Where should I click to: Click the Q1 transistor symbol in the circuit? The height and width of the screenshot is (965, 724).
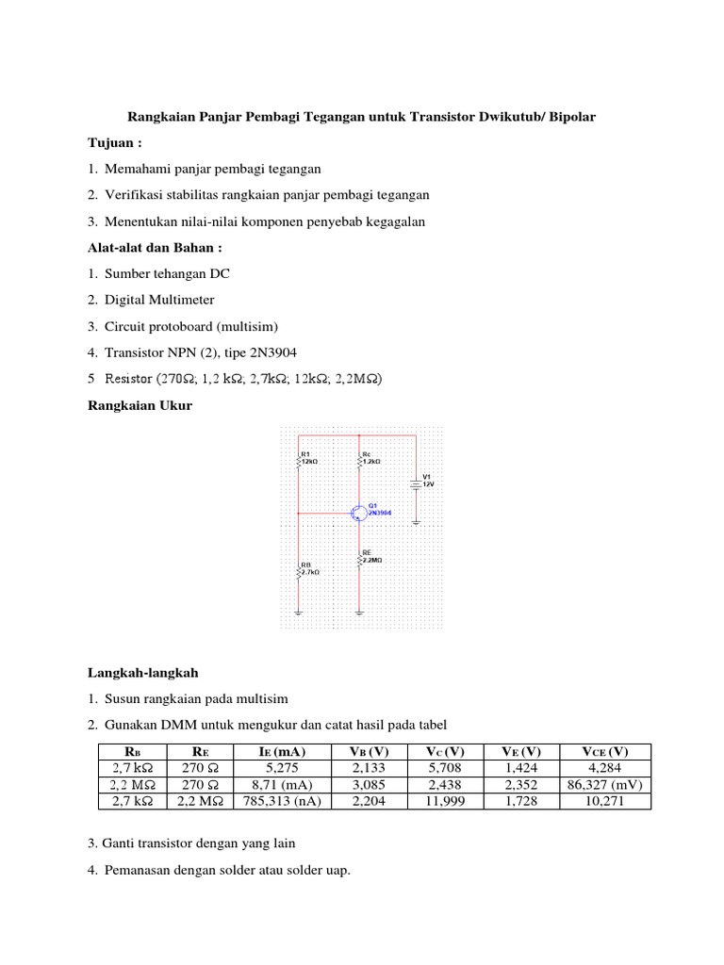click(x=359, y=514)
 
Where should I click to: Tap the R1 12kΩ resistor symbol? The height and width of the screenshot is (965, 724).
click(x=299, y=459)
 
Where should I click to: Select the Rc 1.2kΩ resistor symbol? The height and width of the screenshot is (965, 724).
click(x=359, y=459)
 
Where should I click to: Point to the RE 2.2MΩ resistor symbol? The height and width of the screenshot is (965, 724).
click(x=359, y=559)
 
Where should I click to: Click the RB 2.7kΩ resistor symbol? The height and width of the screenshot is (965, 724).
click(x=299, y=570)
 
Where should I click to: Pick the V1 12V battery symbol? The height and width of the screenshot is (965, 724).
click(x=416, y=485)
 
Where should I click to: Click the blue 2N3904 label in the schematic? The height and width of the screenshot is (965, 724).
click(x=380, y=515)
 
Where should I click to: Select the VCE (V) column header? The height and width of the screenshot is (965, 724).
click(x=605, y=751)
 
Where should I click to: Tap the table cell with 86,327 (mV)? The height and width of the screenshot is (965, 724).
click(x=605, y=784)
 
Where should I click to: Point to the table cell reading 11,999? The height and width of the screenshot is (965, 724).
click(x=444, y=801)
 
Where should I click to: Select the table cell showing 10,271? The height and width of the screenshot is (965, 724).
click(x=605, y=801)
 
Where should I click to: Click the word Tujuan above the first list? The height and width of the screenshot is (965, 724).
click(x=106, y=142)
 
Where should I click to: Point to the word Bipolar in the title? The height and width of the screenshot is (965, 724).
click(x=568, y=117)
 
